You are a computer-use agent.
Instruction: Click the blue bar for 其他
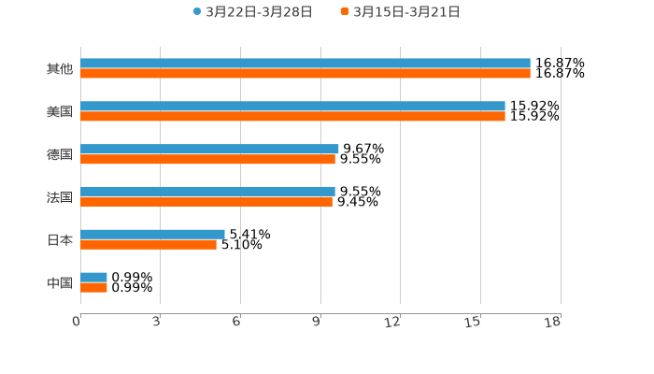[306, 64]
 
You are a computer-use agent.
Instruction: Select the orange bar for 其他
[306, 74]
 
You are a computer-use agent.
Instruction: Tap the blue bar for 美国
[292, 107]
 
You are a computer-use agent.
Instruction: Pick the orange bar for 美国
[292, 117]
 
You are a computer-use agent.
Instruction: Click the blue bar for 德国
[209, 149]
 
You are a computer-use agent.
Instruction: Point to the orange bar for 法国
[206, 202]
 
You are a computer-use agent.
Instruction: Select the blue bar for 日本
[152, 234]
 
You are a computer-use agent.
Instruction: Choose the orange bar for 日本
[149, 245]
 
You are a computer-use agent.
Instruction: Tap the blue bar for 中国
[93, 277]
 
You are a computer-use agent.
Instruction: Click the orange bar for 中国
[93, 288]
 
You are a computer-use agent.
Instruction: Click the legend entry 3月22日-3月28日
[252, 12]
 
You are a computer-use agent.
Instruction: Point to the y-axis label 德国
[60, 154]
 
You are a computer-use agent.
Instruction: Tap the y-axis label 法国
[60, 197]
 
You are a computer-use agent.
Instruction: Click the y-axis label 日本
[60, 239]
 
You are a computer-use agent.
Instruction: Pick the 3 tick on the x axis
[156, 323]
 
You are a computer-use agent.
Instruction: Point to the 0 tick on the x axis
[77, 323]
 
